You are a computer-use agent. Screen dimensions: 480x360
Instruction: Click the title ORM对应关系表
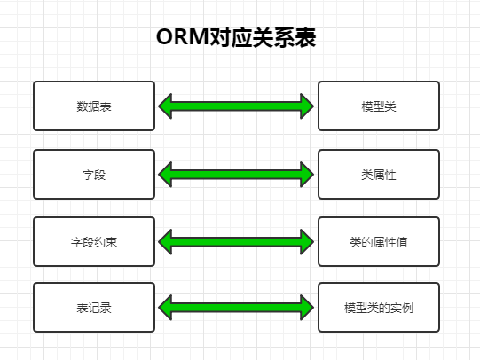[236, 37]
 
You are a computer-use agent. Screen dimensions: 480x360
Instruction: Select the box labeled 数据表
[94, 106]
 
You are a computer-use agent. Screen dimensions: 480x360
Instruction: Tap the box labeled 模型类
[379, 106]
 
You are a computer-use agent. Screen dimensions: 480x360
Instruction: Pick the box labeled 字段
[94, 175]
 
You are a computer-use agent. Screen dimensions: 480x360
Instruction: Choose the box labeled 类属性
[379, 175]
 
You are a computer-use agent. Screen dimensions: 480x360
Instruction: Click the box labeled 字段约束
[94, 242]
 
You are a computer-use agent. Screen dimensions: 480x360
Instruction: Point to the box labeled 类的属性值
[379, 242]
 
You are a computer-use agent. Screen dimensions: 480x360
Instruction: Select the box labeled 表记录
[94, 308]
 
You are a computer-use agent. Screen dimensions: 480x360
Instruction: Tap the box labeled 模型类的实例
[379, 308]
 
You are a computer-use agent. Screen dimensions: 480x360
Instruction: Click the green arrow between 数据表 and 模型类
[236, 106]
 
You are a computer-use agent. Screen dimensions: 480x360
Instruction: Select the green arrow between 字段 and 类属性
[236, 175]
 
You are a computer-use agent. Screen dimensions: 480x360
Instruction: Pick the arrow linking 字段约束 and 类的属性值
[236, 242]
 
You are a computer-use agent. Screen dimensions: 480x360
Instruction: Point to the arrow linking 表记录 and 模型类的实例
[236, 308]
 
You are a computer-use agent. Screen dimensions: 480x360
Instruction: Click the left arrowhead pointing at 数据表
[159, 106]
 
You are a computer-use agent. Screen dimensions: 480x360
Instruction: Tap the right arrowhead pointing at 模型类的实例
[313, 308]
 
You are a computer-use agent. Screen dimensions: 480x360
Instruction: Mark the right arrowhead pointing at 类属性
[313, 175]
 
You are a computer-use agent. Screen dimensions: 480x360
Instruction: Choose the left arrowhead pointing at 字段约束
[159, 242]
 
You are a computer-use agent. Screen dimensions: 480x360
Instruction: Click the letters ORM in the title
[183, 37]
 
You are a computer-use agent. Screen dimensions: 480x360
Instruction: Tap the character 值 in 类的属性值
[402, 242]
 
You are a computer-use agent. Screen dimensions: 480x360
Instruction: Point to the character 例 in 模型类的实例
[407, 308]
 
